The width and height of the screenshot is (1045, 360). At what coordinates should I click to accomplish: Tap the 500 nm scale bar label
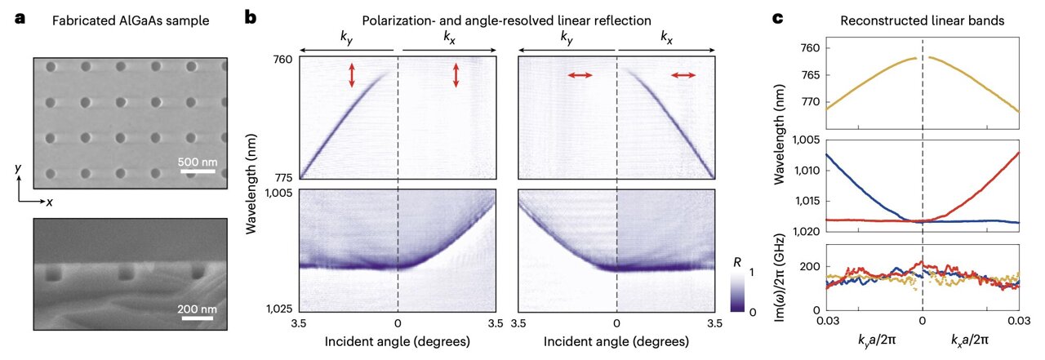coord(198,159)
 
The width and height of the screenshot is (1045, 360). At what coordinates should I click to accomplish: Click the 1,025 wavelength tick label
coord(280,309)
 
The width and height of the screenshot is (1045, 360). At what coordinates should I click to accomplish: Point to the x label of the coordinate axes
coord(51,201)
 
